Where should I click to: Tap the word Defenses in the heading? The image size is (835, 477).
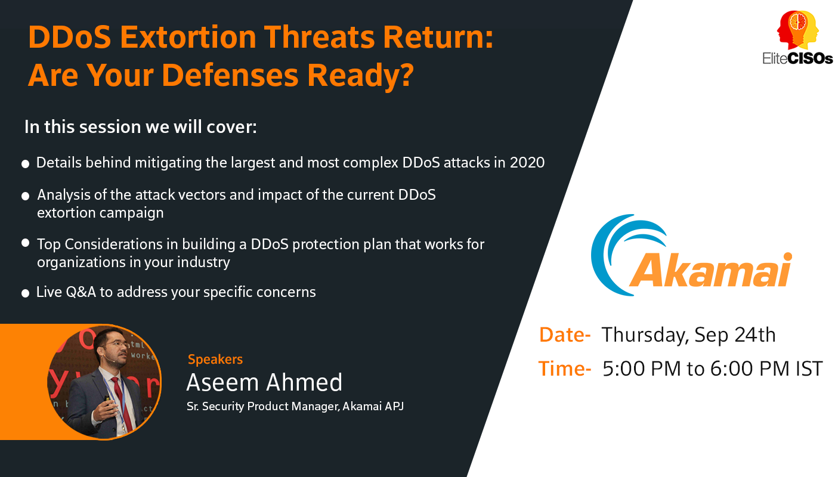[230, 75]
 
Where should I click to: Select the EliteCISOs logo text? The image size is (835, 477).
[797, 58]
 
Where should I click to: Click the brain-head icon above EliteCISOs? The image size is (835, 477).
[798, 30]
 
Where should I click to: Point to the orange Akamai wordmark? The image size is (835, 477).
[710, 269]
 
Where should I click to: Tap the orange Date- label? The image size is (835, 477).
[564, 334]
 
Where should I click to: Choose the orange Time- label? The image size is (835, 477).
[564, 368]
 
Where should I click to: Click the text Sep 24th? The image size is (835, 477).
[735, 335]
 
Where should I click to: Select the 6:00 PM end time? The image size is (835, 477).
[750, 368]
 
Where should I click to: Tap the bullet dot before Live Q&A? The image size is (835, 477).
[25, 293]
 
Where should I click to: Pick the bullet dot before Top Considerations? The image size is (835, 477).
[25, 243]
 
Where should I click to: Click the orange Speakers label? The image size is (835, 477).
[215, 359]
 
